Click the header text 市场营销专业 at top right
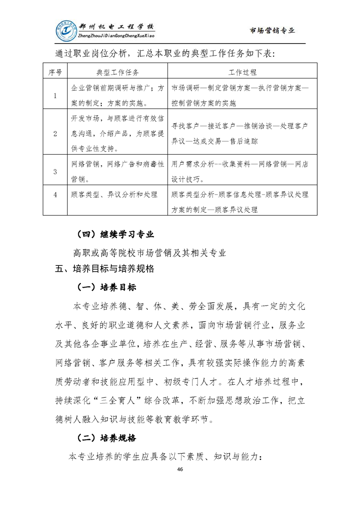coord(272,30)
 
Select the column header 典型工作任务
coord(118,72)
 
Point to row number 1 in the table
coord(55,96)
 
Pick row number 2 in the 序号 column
coord(55,133)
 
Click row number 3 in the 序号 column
coord(55,171)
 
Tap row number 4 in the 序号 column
coord(55,195)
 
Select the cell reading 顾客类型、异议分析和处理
coord(114,195)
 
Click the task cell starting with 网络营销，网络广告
coord(118,170)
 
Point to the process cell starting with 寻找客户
coord(240,133)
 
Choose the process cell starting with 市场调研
coord(240,96)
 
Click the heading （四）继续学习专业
coord(115,235)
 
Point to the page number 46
coord(180,469)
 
